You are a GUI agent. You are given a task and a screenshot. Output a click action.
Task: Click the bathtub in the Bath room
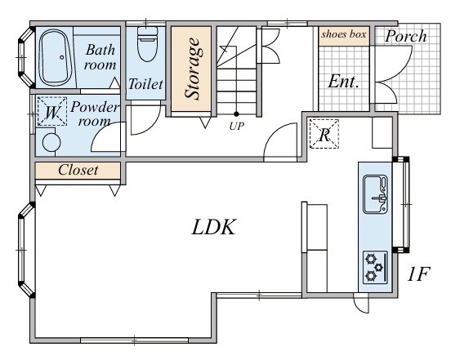coord(56,57)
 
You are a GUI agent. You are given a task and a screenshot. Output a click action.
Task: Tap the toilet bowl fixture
coord(148,44)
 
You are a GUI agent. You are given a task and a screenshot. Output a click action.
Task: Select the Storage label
coord(192,69)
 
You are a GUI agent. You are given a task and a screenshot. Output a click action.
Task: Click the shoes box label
coord(344,34)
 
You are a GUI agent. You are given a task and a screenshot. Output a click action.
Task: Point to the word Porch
coord(405,36)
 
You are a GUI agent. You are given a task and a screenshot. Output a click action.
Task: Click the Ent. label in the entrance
coord(343,82)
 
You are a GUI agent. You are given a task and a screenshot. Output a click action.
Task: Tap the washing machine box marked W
coord(52,111)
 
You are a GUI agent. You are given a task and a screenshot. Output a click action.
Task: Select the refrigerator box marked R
coord(324,134)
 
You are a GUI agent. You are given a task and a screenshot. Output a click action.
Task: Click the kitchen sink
coord(375,194)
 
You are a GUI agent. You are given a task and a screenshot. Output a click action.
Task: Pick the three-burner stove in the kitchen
coord(375,268)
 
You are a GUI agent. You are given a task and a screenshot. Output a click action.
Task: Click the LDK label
coord(214,227)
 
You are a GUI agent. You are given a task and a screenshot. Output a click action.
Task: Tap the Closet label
coord(78,170)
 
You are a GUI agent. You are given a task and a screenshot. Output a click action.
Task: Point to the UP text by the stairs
coord(237,126)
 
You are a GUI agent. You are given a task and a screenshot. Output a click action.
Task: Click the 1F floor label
coord(418,273)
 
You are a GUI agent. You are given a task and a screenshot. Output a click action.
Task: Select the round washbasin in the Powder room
coord(51,142)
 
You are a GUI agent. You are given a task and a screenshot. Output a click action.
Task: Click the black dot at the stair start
coord(236,114)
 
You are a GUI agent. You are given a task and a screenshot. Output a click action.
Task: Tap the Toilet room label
coord(145,84)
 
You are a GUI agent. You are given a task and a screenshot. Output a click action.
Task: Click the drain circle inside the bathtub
coord(62,57)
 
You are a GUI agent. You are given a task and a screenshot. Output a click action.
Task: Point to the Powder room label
coord(94,113)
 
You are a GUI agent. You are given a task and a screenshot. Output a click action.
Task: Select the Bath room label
coord(100,57)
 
